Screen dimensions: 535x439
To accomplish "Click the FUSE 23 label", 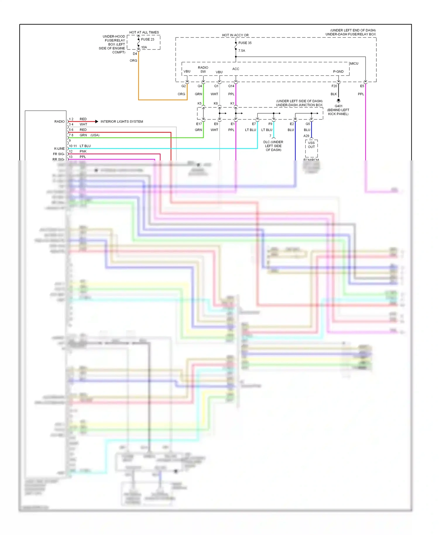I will tap(148, 39).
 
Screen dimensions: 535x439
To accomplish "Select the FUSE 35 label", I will tap(245, 43).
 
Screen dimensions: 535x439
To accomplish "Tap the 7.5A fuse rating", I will tap(241, 51).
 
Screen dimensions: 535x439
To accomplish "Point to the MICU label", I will tap(354, 64).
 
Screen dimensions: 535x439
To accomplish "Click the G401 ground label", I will tap(338, 106).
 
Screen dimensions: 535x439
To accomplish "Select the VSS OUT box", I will tap(311, 145).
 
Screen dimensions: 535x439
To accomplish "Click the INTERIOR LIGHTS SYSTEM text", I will tap(122, 121).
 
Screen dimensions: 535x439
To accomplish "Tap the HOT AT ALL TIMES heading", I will tap(144, 32).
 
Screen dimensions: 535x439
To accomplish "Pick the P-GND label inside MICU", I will tap(338, 71).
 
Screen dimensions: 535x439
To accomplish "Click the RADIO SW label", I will tap(203, 69).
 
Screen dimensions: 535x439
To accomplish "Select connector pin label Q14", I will tap(231, 86).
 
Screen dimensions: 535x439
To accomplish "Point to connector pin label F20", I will tap(334, 86).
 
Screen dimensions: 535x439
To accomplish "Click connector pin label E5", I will tap(362, 86).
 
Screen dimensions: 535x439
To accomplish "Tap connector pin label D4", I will tap(135, 54).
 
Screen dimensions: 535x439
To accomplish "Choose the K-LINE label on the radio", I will tap(59, 148).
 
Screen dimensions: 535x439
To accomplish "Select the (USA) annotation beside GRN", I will tap(95, 135).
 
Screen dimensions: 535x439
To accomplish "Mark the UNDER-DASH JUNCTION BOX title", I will tap(299, 105).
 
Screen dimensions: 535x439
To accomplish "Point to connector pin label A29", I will tap(306, 136).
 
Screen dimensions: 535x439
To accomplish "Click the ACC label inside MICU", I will tap(236, 69).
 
